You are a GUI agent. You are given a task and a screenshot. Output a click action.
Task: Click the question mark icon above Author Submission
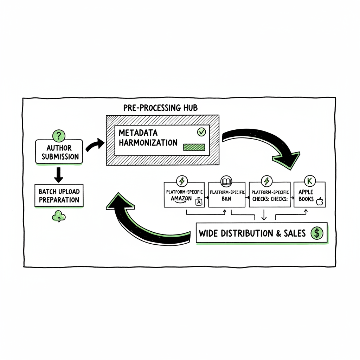point(59,135)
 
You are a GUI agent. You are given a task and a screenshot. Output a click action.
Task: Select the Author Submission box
point(59,152)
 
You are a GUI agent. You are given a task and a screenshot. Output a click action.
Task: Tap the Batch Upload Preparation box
point(59,196)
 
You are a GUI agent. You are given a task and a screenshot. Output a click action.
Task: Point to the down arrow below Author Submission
point(59,174)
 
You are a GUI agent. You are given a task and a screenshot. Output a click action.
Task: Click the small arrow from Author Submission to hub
point(95,144)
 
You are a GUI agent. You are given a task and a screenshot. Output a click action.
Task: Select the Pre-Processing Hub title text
point(160,108)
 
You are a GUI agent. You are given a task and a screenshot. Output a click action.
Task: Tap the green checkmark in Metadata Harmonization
point(201,132)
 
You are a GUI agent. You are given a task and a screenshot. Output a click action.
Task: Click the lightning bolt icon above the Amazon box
point(182,181)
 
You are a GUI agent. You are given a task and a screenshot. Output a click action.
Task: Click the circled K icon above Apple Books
point(310,181)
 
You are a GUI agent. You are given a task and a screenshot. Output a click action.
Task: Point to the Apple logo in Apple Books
point(320,201)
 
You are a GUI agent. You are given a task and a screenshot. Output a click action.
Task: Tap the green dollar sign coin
point(317,233)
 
